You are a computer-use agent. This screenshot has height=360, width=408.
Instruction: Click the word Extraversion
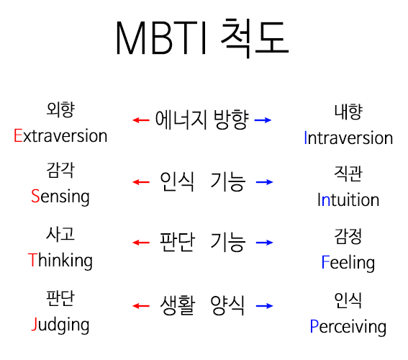(60, 135)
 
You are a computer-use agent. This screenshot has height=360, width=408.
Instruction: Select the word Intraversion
(348, 138)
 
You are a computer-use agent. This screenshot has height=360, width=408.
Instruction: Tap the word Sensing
(60, 197)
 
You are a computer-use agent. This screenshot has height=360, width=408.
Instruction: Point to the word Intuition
(348, 199)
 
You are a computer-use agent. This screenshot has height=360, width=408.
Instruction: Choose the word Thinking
(60, 261)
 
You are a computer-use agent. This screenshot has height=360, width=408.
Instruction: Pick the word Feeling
(348, 263)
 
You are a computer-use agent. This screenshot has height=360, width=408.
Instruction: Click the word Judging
(60, 325)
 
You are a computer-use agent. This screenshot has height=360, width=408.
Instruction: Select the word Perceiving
(348, 327)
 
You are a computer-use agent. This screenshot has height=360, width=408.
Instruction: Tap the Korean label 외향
(60, 109)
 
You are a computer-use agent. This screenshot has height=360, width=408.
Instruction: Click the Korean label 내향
(348, 112)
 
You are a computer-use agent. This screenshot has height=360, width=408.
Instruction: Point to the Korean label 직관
(348, 174)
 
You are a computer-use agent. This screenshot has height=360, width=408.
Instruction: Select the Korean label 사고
(60, 234)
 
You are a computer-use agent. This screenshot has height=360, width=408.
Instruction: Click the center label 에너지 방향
(202, 120)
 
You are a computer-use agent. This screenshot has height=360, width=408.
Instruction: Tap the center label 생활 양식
(202, 305)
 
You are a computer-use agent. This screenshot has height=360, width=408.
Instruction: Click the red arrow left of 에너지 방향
(141, 120)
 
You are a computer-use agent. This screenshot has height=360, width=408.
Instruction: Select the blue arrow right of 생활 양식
(264, 306)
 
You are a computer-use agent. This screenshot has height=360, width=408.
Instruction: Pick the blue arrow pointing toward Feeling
(264, 243)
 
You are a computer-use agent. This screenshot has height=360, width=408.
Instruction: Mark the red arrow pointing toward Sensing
(141, 182)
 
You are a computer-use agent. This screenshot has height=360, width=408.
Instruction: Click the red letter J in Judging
(35, 324)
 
